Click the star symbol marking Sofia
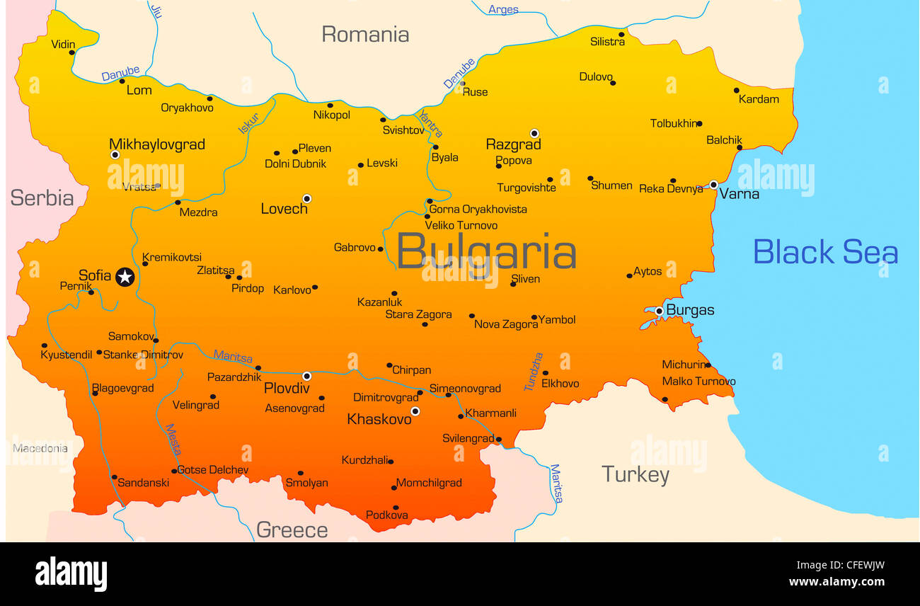tap(125, 277)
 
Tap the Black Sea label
tap(824, 252)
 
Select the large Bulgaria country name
tap(486, 252)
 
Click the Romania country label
tap(365, 34)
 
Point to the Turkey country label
tap(635, 474)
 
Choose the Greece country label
tap(292, 530)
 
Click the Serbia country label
tap(42, 198)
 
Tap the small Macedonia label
tap(40, 448)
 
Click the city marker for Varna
tap(713, 185)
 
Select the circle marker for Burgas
tap(659, 311)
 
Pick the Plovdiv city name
tap(287, 388)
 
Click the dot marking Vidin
tap(71, 52)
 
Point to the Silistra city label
tap(607, 42)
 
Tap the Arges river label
tap(503, 9)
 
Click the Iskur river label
tap(248, 123)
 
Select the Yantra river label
tap(430, 124)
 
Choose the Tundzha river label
tap(534, 372)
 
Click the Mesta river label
tap(173, 440)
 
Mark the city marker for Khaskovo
tap(415, 411)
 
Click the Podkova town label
tap(386, 515)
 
